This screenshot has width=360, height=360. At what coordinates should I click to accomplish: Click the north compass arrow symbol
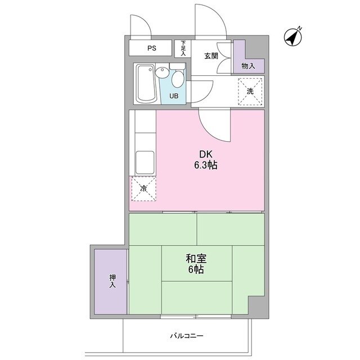(x=293, y=37)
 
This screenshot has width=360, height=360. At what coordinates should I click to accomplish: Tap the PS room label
(x=151, y=48)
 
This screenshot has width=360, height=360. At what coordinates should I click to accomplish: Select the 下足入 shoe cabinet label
(x=183, y=48)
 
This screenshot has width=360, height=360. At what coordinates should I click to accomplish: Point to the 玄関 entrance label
(x=211, y=55)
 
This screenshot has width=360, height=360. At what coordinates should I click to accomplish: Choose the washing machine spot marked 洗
(x=250, y=91)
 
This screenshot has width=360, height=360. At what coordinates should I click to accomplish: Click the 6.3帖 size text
(x=206, y=165)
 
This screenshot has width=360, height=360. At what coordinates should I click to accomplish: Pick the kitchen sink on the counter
(x=145, y=163)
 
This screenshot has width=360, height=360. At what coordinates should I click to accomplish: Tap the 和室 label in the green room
(x=196, y=259)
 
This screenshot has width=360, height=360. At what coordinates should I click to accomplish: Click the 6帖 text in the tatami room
(x=196, y=270)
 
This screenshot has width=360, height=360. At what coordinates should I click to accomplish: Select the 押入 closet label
(x=112, y=281)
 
